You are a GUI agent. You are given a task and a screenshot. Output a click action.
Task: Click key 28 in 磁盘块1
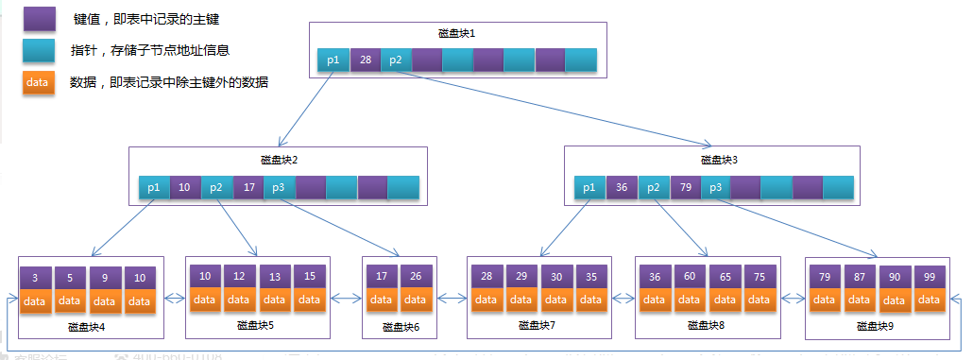(365, 60)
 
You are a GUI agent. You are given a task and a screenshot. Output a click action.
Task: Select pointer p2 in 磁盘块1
(396, 60)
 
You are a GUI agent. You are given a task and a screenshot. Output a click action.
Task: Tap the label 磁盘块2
(279, 160)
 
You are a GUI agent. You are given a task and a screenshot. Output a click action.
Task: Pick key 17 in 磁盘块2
(248, 187)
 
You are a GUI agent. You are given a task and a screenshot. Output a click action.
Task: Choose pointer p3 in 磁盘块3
(715, 187)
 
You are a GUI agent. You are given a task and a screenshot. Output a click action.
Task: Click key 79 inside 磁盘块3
(684, 187)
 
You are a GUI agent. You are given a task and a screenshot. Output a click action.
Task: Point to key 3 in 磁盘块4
(34, 278)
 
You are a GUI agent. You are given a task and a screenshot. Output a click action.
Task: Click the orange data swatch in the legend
(37, 82)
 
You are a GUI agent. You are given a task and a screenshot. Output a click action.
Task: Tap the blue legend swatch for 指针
(37, 49)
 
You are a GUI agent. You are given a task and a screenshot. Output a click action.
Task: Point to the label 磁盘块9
(876, 326)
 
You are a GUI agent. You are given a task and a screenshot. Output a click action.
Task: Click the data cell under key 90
(894, 300)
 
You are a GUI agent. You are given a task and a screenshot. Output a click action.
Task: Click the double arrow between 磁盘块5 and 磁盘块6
(347, 299)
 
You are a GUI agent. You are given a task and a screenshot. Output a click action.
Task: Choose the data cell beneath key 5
(69, 301)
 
